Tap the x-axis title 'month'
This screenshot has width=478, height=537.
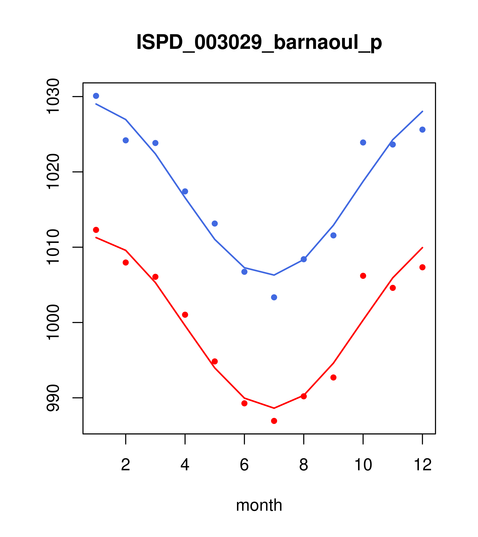coord(259,505)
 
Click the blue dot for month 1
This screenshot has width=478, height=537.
coord(96,96)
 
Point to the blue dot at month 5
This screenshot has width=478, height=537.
coord(215,224)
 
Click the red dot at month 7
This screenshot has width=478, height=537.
coord(274,421)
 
